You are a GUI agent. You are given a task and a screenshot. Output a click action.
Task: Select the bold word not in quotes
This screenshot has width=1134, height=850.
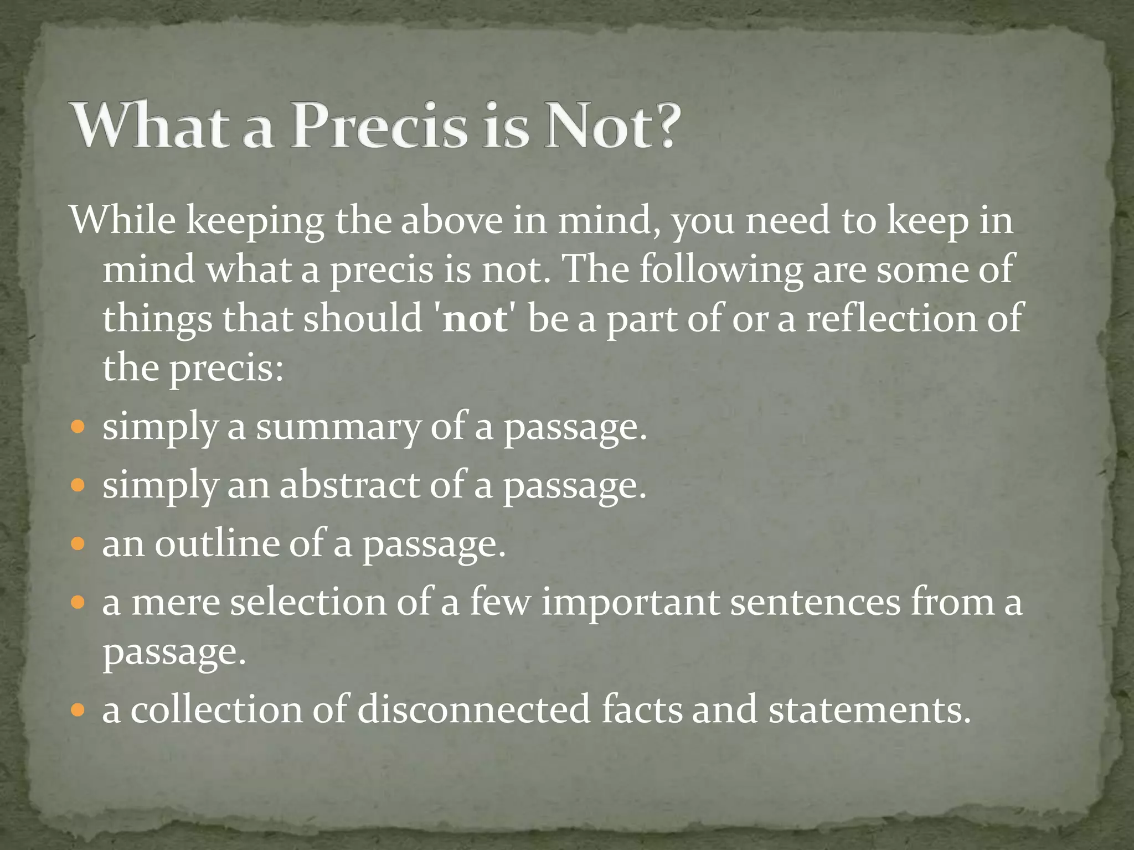click(x=475, y=319)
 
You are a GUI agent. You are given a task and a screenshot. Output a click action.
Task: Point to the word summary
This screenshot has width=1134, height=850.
click(x=338, y=428)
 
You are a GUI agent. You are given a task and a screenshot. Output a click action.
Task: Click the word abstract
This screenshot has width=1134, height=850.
click(x=350, y=485)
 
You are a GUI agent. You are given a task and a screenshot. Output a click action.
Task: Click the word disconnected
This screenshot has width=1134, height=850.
click(x=474, y=709)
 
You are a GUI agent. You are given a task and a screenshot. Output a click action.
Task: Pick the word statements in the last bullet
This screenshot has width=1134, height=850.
click(x=870, y=709)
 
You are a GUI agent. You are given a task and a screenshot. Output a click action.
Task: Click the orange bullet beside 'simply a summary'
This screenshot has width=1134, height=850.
click(x=78, y=427)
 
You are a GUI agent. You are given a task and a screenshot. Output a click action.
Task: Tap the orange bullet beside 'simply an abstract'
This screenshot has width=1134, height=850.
click(x=78, y=485)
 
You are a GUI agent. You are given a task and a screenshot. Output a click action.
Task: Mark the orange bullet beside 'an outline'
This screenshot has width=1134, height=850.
click(x=78, y=544)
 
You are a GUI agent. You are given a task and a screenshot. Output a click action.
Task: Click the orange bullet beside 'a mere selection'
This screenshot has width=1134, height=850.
click(x=78, y=602)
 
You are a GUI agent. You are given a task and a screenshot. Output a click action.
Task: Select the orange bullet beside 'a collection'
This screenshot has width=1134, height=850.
click(x=78, y=709)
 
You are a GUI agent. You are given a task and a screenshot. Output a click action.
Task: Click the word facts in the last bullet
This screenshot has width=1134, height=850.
click(x=642, y=709)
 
